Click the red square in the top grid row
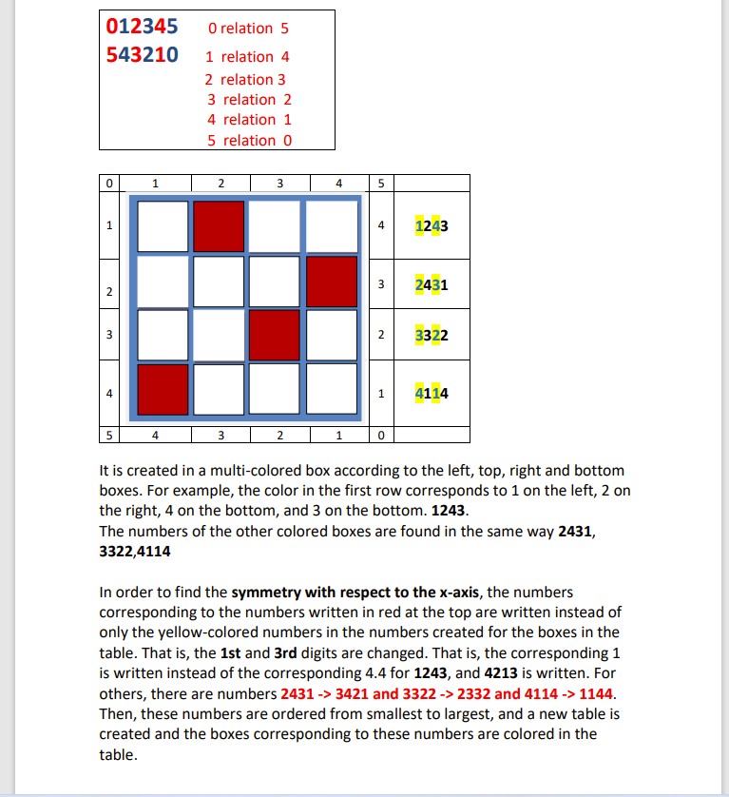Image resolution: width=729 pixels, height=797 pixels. [x=221, y=226]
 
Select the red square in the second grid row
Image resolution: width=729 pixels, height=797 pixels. [x=333, y=282]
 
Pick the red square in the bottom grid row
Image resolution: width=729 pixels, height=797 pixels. [x=163, y=389]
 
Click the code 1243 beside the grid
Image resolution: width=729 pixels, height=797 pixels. [x=432, y=227]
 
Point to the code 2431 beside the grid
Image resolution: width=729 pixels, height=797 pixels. [x=432, y=283]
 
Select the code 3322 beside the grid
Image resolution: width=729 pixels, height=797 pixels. [x=432, y=335]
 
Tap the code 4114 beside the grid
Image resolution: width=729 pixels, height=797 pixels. [x=432, y=393]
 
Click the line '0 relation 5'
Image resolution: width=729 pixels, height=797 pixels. [x=247, y=29]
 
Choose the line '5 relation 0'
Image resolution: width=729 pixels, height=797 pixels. [x=249, y=141]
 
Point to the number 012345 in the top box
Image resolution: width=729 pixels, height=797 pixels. [x=143, y=28]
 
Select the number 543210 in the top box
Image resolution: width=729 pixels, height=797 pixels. [x=143, y=54]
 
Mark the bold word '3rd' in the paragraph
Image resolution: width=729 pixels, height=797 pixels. [x=287, y=652]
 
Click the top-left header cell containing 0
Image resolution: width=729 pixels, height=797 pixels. [x=109, y=183]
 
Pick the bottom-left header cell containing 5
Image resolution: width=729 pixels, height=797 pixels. [x=109, y=435]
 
